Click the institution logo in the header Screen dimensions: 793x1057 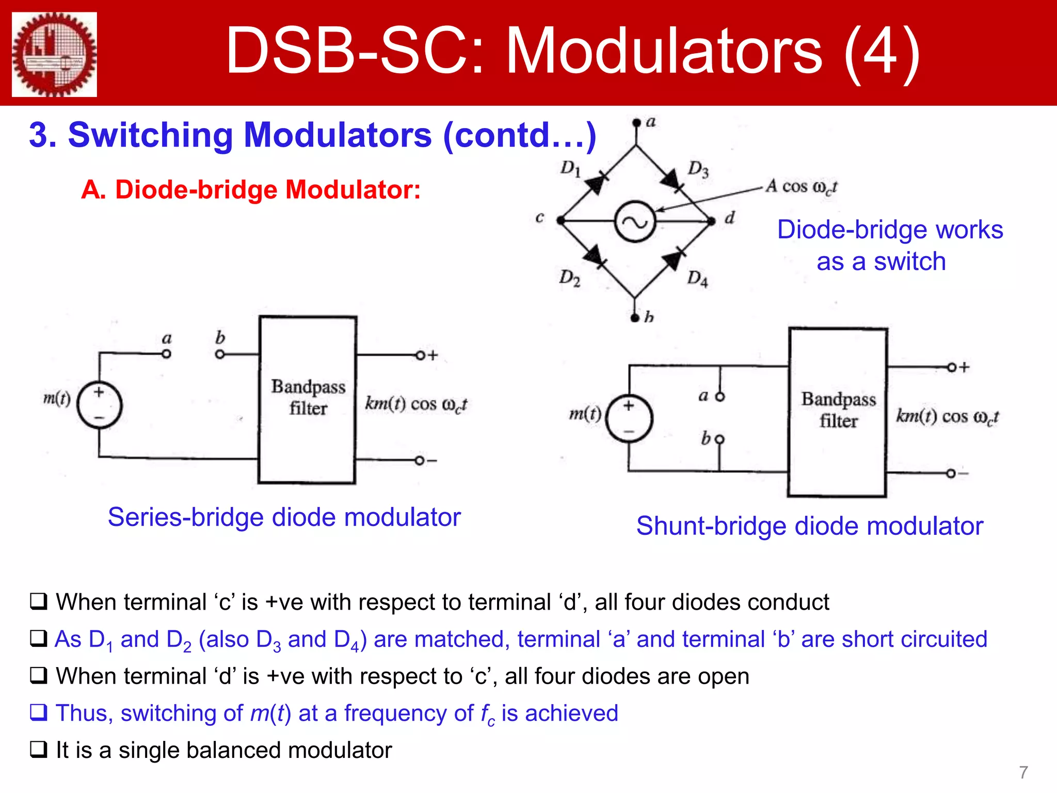55,54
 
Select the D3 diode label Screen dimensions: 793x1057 698,169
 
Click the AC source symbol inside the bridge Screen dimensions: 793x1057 635,221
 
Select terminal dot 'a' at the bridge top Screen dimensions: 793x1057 636,123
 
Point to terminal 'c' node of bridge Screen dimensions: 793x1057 560,220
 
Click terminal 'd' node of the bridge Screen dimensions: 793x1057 712,221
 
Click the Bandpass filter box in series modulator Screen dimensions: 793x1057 308,400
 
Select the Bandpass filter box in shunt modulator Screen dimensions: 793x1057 838,412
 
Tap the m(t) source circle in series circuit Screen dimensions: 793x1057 99,405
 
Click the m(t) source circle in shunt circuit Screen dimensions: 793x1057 629,418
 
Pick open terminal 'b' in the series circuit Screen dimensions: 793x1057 220,354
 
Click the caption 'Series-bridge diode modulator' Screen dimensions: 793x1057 284,517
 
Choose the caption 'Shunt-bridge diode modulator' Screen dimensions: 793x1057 809,526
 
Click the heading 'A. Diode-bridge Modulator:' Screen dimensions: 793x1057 251,190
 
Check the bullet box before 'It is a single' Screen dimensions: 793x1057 38,750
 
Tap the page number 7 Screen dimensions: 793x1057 1023,772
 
